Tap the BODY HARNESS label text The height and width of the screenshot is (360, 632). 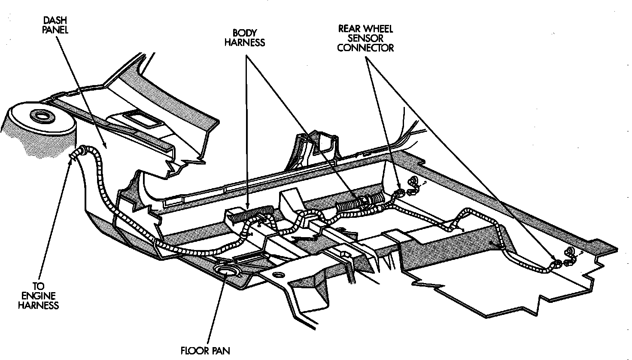point(245,37)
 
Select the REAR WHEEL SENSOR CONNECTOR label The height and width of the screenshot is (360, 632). point(365,38)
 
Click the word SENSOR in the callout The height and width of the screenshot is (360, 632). point(366,38)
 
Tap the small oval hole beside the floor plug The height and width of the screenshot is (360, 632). point(279,275)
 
